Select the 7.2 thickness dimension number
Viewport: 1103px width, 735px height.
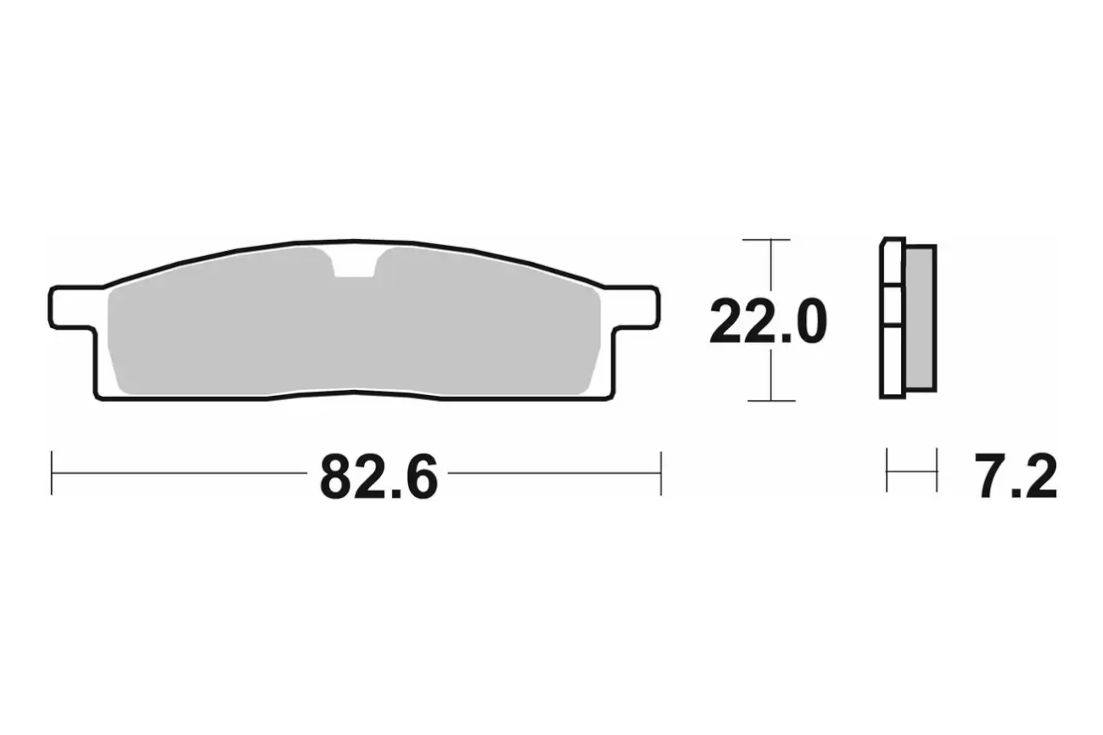coord(1016,476)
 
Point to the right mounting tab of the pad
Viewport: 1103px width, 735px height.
coord(635,308)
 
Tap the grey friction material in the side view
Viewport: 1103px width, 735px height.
coord(920,318)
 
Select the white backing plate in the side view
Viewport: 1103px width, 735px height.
coord(893,318)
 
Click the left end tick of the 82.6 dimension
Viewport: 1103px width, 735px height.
coord(51,473)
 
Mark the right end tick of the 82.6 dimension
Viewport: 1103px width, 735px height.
coord(661,473)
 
